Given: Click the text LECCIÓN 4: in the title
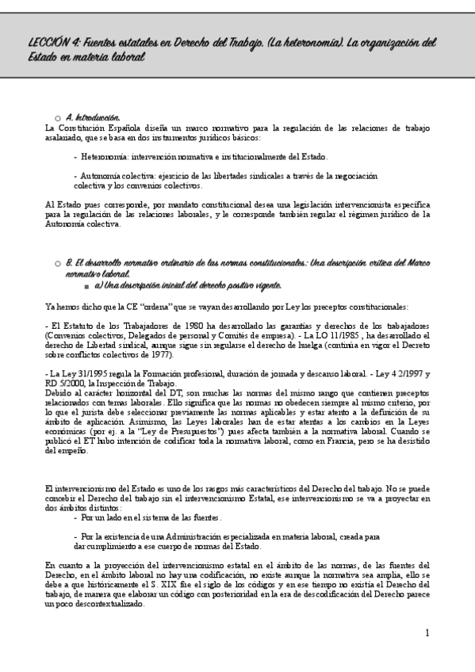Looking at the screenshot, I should [x=49, y=44].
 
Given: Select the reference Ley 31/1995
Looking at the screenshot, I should [x=78, y=372].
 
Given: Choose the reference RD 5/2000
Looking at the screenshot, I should [x=68, y=380].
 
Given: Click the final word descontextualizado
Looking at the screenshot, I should [x=104, y=603].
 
